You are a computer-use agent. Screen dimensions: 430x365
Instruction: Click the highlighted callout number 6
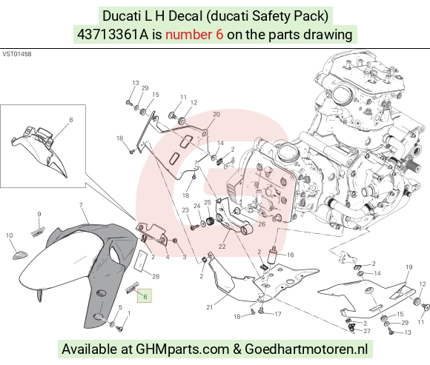point(145,296)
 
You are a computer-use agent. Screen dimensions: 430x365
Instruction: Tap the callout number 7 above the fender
point(81,205)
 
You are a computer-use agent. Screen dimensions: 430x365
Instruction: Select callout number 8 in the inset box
point(71,120)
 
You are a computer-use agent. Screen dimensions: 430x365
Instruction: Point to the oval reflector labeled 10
point(20,255)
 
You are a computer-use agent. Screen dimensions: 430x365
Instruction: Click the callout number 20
point(216,114)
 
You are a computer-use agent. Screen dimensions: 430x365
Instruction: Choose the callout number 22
point(222,247)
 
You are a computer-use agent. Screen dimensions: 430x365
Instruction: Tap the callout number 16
point(291,255)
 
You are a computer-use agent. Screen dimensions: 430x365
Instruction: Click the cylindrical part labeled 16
point(273,255)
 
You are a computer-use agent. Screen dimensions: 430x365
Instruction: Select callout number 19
point(409,267)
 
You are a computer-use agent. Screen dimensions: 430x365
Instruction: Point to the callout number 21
point(210,307)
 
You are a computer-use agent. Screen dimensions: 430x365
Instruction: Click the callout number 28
point(156,276)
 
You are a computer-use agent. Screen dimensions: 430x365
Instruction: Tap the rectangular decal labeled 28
point(140,260)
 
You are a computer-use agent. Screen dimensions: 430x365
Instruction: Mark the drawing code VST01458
point(17,54)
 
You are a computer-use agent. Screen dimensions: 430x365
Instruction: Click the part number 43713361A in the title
point(113,35)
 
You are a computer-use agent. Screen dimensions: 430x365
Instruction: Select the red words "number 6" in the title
point(194,35)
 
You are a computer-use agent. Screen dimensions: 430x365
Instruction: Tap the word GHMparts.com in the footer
point(182,349)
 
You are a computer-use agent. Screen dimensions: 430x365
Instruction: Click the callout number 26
point(262,224)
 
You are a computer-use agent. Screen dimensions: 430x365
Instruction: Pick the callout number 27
point(367,331)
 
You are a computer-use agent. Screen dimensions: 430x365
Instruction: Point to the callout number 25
point(208,202)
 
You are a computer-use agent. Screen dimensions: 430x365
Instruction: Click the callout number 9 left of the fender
point(39,214)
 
